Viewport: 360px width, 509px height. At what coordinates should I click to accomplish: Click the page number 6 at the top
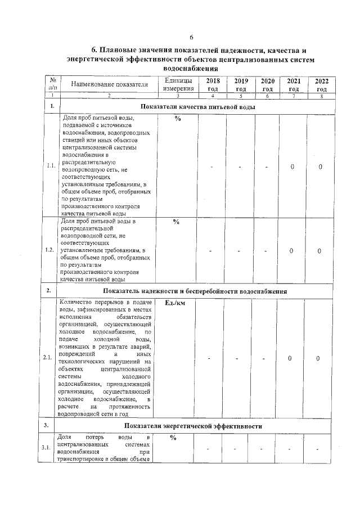(191, 37)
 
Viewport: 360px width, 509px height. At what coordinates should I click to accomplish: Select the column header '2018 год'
(213, 85)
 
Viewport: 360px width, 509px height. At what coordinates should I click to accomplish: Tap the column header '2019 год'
(241, 85)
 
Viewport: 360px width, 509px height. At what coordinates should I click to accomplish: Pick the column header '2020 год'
(268, 85)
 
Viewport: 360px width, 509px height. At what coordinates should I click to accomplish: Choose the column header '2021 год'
(293, 85)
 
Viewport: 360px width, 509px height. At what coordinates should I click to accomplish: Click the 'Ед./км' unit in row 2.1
(176, 303)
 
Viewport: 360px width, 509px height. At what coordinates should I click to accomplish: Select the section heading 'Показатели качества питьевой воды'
(197, 106)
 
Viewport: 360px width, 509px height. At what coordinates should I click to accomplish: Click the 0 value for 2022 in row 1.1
(320, 166)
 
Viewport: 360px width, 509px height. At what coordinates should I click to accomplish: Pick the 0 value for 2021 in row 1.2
(292, 251)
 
